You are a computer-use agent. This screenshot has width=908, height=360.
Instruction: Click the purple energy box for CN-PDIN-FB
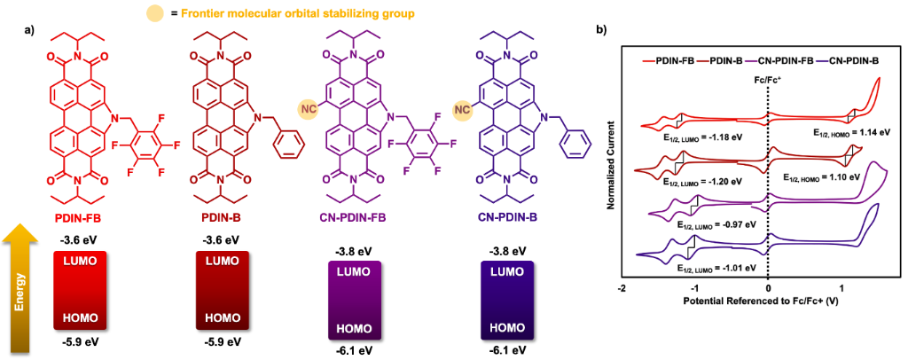358,301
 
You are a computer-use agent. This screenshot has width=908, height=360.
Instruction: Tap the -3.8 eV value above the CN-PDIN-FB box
358,251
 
